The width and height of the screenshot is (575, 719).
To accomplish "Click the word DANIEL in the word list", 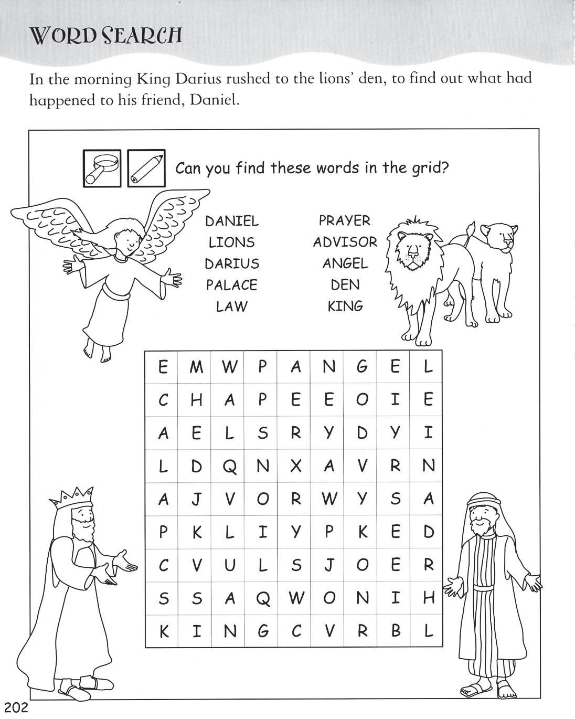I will (231, 221).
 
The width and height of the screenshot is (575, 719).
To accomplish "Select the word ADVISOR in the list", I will (345, 242).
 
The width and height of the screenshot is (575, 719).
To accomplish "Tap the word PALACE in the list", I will (231, 285).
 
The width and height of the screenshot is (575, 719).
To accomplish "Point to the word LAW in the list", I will (231, 306).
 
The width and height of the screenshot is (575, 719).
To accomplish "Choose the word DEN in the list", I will (345, 285).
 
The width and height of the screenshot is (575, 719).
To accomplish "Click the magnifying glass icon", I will (102, 168).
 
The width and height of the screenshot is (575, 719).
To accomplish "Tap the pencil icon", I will (146, 168).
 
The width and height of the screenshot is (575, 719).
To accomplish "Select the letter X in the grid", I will (296, 466).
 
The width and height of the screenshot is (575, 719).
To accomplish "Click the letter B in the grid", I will (395, 631).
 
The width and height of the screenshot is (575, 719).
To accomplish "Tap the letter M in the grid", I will (196, 367).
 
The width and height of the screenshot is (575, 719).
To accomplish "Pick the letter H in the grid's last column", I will (428, 598).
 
